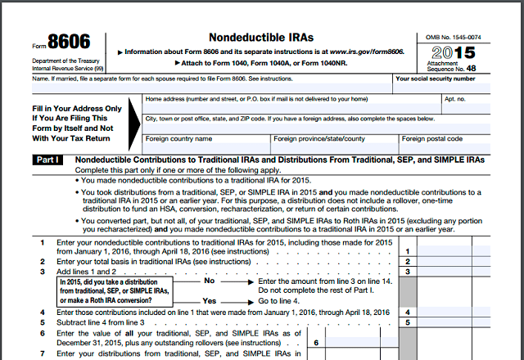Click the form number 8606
[x=69, y=42]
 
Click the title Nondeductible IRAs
[x=261, y=37]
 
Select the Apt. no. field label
[x=454, y=99]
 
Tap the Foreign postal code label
[x=432, y=139]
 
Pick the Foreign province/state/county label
[x=320, y=139]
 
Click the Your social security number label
[x=435, y=79]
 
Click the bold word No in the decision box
[x=209, y=281]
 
